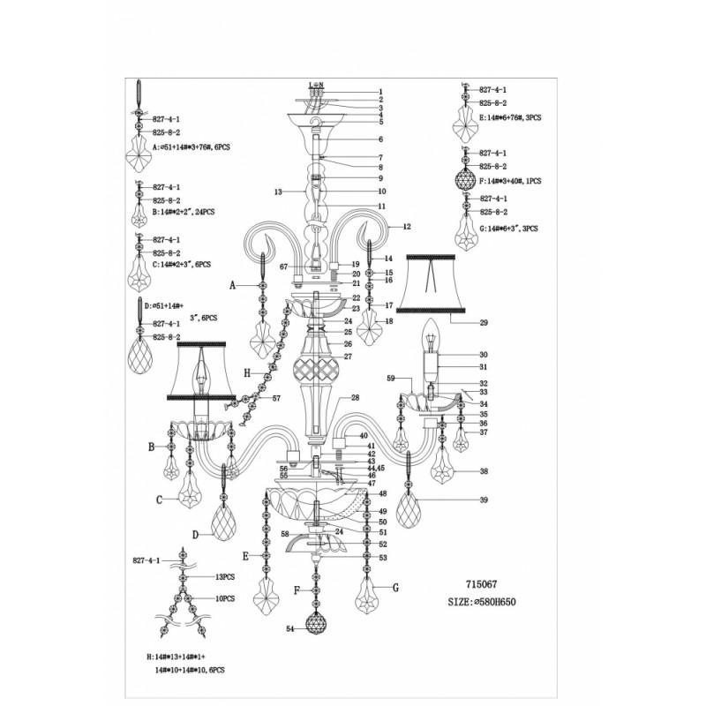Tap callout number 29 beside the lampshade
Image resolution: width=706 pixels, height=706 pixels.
483,323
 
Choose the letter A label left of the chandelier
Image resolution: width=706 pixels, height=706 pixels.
233,286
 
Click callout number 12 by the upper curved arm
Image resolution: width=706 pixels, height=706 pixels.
407,227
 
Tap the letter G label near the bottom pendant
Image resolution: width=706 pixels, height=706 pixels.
395,587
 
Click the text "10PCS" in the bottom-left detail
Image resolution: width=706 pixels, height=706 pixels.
225,598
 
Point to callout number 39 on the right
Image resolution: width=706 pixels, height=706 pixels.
483,501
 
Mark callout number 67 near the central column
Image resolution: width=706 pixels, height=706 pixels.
284,266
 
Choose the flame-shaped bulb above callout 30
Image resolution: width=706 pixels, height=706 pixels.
432,334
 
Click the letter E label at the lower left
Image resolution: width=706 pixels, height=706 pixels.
248,556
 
